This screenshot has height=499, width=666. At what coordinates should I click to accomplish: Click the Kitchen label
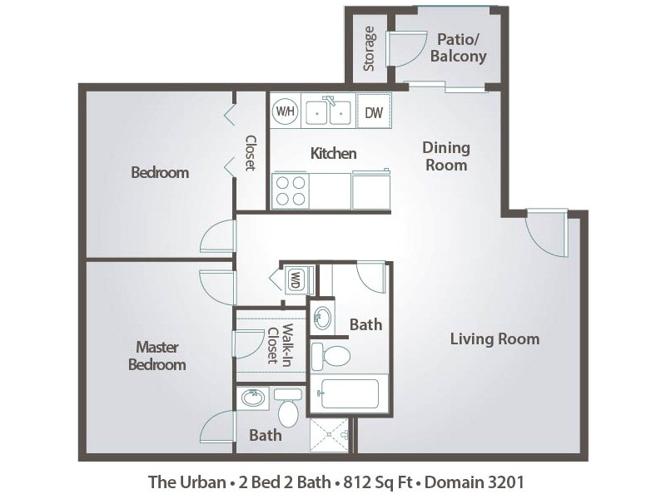333,153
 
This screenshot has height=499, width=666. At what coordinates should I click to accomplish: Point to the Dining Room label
446,156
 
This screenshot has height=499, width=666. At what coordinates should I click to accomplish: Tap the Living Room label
495,338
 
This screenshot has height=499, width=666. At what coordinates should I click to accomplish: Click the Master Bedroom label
157,355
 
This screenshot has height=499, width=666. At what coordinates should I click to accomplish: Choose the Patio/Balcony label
458,48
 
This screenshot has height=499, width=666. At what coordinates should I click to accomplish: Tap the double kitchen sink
328,112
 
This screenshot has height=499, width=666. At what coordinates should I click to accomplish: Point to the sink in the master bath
252,399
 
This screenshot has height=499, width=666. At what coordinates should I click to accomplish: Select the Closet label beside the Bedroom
250,153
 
